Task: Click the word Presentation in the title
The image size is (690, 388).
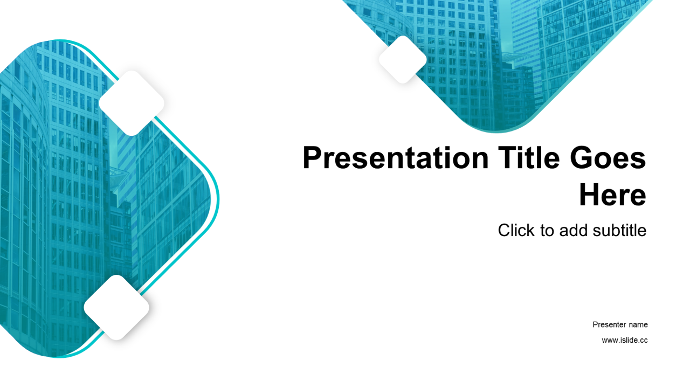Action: [x=396, y=158]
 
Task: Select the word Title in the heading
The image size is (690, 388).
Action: [x=529, y=157]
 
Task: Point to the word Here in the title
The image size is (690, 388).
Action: [x=612, y=195]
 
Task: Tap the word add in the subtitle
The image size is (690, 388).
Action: [x=573, y=230]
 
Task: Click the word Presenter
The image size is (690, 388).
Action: [x=609, y=324]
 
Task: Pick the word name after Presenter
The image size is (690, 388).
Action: [x=638, y=324]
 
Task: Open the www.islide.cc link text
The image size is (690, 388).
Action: [x=625, y=340]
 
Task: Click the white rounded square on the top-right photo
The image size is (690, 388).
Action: [x=403, y=59]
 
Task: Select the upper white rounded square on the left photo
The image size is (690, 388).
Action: [x=132, y=103]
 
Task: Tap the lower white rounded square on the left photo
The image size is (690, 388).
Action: [x=116, y=308]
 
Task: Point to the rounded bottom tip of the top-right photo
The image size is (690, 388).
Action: [x=496, y=132]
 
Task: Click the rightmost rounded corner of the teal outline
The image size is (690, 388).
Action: [x=218, y=199]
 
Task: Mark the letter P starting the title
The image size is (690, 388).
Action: [x=312, y=157]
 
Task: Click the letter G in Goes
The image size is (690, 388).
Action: [x=580, y=157]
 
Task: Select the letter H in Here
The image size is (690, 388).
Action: [x=589, y=195]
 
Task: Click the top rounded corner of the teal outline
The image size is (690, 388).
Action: [x=59, y=40]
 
